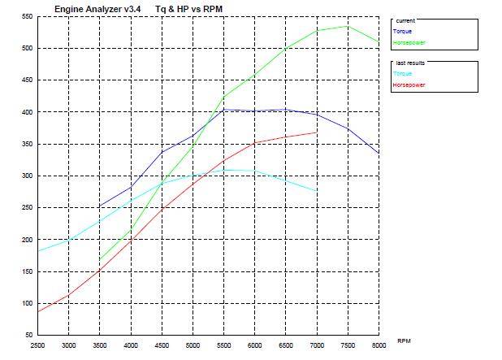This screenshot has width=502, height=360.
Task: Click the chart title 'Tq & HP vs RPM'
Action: (x=188, y=8)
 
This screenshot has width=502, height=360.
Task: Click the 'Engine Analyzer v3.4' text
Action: (x=90, y=8)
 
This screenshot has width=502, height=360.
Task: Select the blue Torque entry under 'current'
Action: (x=403, y=32)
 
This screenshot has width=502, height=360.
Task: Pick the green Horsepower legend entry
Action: (x=409, y=42)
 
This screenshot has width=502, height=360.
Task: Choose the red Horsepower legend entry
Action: (x=409, y=85)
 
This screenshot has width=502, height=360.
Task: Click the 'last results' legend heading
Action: (x=409, y=63)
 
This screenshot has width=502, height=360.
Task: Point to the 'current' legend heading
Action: (x=405, y=21)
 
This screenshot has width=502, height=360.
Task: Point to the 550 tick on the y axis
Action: (x=28, y=16)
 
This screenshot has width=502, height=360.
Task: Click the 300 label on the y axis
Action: (x=28, y=176)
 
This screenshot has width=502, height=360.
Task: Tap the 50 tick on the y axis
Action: (x=29, y=335)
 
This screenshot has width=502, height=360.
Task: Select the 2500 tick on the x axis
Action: (x=37, y=345)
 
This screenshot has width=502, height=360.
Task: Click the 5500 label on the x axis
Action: (x=223, y=345)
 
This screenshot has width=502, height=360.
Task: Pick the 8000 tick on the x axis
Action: (x=379, y=345)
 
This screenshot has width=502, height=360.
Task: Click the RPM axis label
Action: (x=405, y=340)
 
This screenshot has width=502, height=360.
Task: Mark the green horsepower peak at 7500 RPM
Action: (x=348, y=26)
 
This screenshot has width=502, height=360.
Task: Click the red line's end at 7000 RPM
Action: (x=316, y=132)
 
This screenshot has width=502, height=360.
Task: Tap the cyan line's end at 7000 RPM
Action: (x=316, y=191)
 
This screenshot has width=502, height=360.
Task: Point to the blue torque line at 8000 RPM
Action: (x=379, y=153)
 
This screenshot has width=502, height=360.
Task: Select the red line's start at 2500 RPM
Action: (x=37, y=311)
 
